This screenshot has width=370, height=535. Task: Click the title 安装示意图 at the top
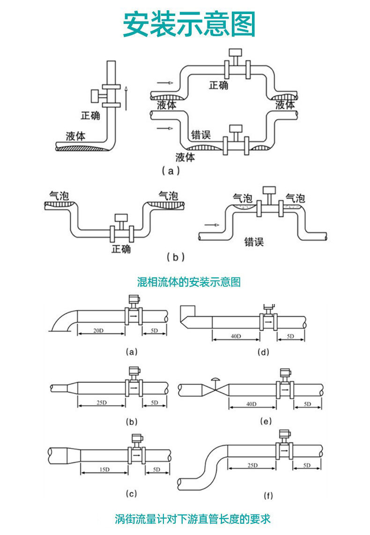click(189, 24)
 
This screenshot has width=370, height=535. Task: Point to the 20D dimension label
click(98, 331)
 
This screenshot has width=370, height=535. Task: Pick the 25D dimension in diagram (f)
click(253, 465)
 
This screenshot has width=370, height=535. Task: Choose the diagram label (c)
click(132, 493)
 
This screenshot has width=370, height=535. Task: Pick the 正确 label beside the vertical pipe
click(90, 115)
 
